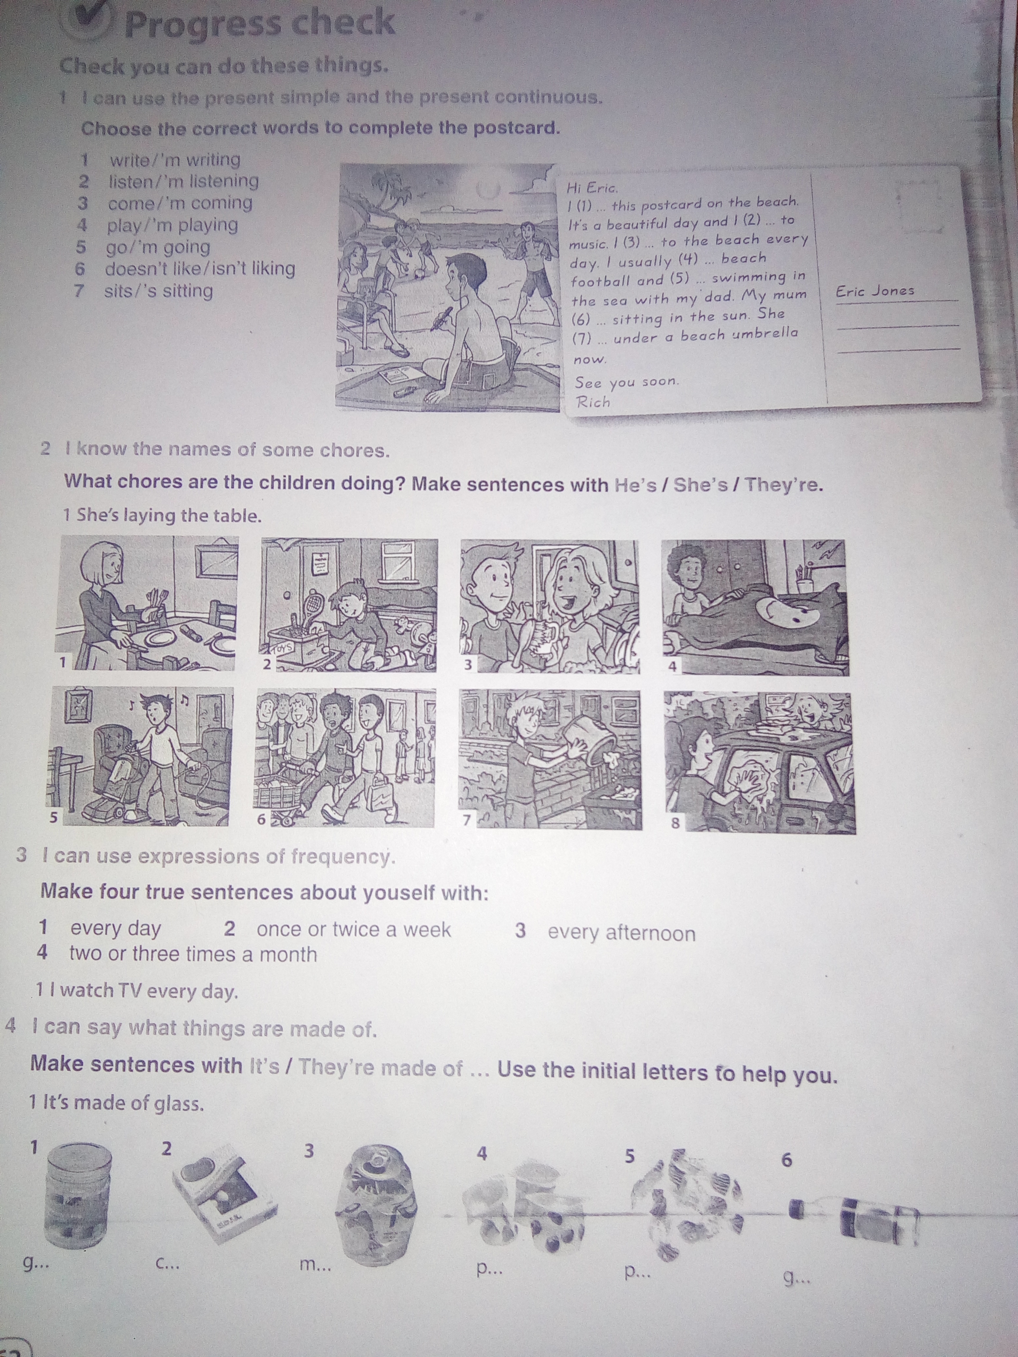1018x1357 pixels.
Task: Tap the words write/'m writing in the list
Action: [x=175, y=160]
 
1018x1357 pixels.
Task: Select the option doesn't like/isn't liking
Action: [x=200, y=269]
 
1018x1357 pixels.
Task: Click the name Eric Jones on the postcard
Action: [x=874, y=291]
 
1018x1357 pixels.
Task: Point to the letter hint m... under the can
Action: [x=315, y=1264]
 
